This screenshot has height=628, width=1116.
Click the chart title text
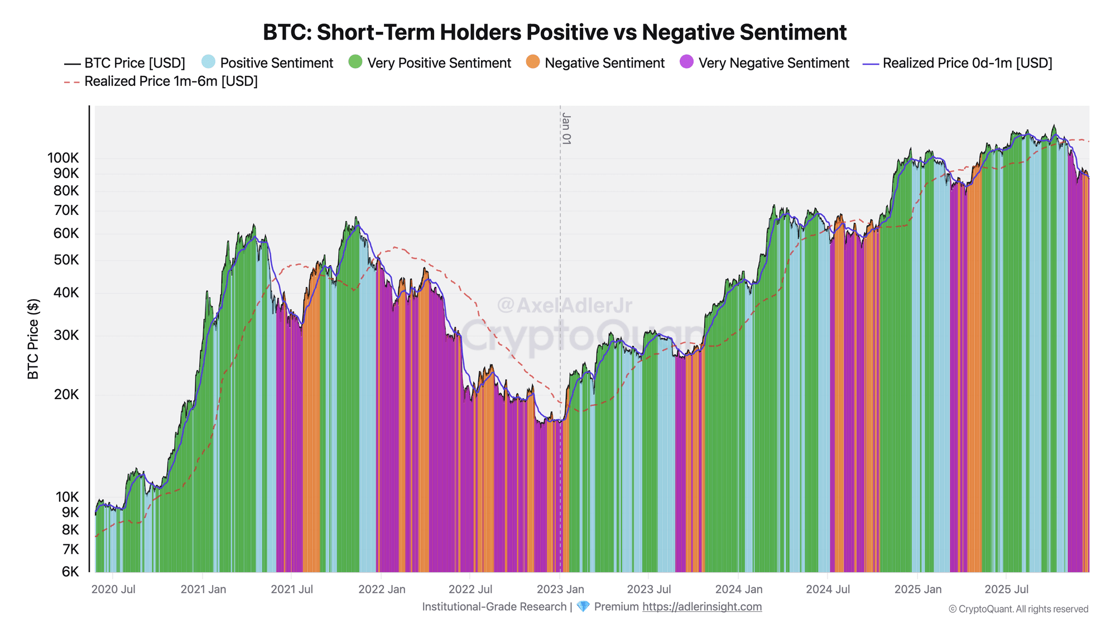coord(555,32)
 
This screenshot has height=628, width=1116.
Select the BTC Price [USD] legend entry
coord(134,63)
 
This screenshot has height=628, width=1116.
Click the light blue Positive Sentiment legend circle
coord(208,62)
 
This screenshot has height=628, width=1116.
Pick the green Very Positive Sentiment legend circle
coord(355,62)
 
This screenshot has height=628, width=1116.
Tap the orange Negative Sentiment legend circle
coord(533,62)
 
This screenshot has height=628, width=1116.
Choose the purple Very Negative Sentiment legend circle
coord(687,62)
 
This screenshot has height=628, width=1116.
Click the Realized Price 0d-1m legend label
coord(967,63)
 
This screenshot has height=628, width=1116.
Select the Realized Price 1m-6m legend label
coord(171,82)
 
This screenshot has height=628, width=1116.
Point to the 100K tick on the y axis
coord(63,158)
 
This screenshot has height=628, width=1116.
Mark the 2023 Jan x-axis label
coord(560,589)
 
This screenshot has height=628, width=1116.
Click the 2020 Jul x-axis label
coord(113,589)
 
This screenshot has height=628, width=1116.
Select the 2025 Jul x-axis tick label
coord(1006,589)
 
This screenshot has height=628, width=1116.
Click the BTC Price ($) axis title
coord(33,339)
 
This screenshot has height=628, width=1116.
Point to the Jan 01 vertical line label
coord(566,128)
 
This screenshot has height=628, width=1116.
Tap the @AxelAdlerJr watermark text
coord(564,305)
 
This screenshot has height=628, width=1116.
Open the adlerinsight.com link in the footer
coord(702,607)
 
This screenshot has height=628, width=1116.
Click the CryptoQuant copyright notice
coord(1018,609)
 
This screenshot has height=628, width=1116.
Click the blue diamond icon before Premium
coord(583,607)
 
